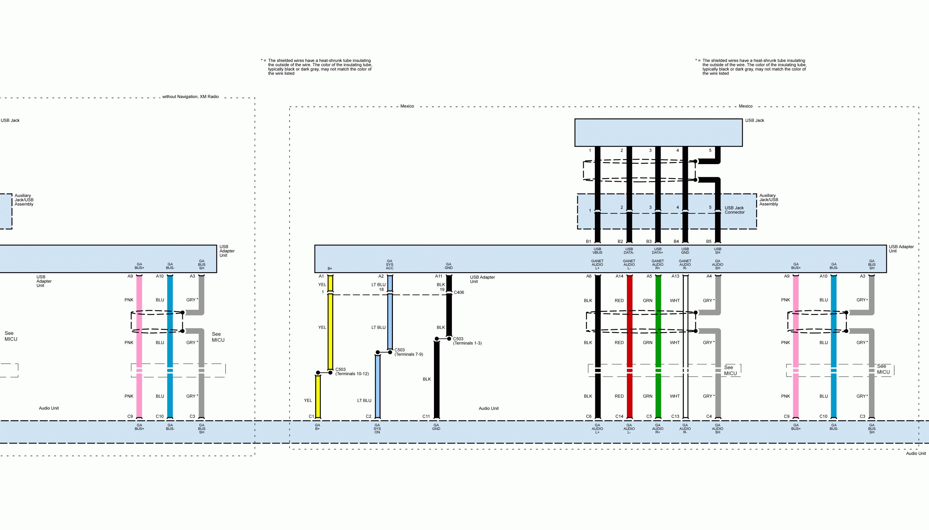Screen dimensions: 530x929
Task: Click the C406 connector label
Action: point(459,292)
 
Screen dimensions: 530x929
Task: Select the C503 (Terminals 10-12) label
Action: point(352,372)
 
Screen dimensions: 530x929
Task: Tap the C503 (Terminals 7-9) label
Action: point(408,352)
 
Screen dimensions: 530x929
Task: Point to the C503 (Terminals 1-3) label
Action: point(467,341)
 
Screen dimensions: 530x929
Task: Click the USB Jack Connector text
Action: point(734,210)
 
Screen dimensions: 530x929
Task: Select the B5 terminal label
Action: point(709,241)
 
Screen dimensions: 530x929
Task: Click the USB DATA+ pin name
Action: point(658,251)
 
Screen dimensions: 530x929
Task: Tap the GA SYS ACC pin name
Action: point(390,264)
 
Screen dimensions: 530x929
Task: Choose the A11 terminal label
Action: point(438,276)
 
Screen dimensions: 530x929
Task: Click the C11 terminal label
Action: point(426,416)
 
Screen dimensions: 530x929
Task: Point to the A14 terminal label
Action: point(619,276)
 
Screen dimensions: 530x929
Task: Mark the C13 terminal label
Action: point(675,416)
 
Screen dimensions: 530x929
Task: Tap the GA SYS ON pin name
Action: point(377,429)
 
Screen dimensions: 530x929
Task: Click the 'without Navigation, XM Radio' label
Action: point(190,97)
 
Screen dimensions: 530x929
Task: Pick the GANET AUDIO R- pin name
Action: point(685,264)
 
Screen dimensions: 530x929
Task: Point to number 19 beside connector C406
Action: point(442,290)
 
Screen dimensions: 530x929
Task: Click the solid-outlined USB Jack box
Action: point(658,132)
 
